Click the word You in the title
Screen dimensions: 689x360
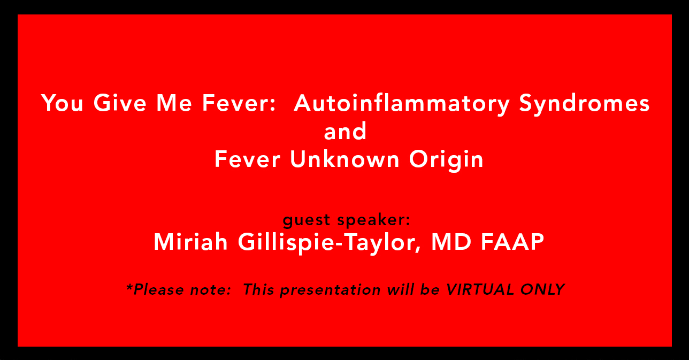coord(62,103)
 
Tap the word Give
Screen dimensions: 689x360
coord(120,103)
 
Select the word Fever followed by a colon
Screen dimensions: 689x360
coord(239,103)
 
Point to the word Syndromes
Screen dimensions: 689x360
coord(584,104)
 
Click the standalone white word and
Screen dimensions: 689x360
coord(345,131)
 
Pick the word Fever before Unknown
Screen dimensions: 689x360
coord(247,159)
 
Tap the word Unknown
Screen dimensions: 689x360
coord(344,159)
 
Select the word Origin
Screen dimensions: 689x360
coord(446,160)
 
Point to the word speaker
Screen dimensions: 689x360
coord(374,220)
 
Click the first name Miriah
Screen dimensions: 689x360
coord(190,242)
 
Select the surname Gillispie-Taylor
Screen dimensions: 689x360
coord(330,243)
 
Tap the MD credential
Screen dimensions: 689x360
coord(451,242)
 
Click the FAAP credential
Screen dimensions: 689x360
coord(512,242)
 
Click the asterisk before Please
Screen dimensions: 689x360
coord(129,287)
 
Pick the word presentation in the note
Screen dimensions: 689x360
coord(331,290)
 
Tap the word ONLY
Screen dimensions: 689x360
coord(542,289)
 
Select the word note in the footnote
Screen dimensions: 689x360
coord(210,290)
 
